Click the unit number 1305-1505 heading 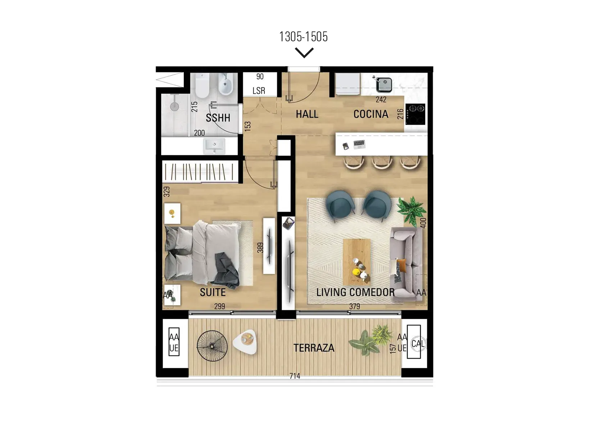tap(303, 37)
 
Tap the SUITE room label tap(213, 292)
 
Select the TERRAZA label tap(314, 348)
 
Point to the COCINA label tap(371, 114)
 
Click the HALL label tap(307, 114)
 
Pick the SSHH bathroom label tap(218, 118)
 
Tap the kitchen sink tap(384, 84)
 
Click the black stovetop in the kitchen tap(415, 114)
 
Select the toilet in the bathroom tap(202, 85)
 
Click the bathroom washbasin tap(214, 146)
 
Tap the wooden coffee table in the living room tap(357, 262)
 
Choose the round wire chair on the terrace tap(212, 346)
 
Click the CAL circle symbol tap(418, 344)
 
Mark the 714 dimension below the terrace tap(295, 376)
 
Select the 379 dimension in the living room tap(354, 306)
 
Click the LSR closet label tap(259, 91)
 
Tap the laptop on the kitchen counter tap(359, 144)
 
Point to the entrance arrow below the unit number tap(304, 52)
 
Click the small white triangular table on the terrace tap(245, 342)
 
